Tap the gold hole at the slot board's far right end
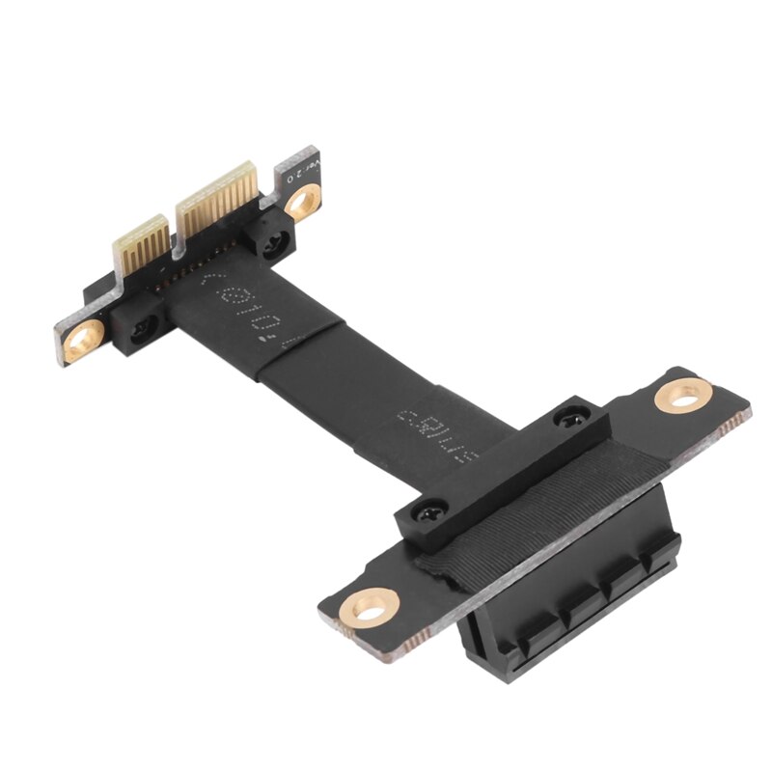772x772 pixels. [683, 396]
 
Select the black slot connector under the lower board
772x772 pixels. [569, 618]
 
